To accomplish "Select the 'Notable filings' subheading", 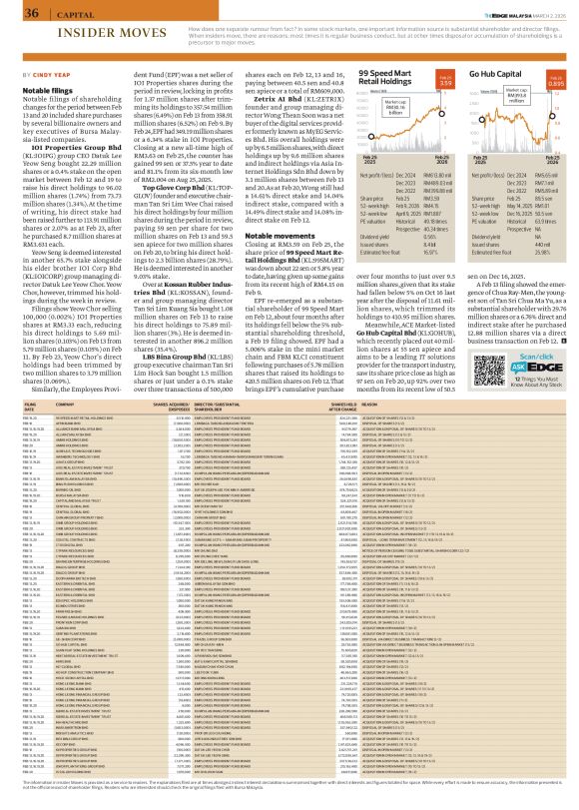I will pyautogui.click(x=38, y=89).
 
